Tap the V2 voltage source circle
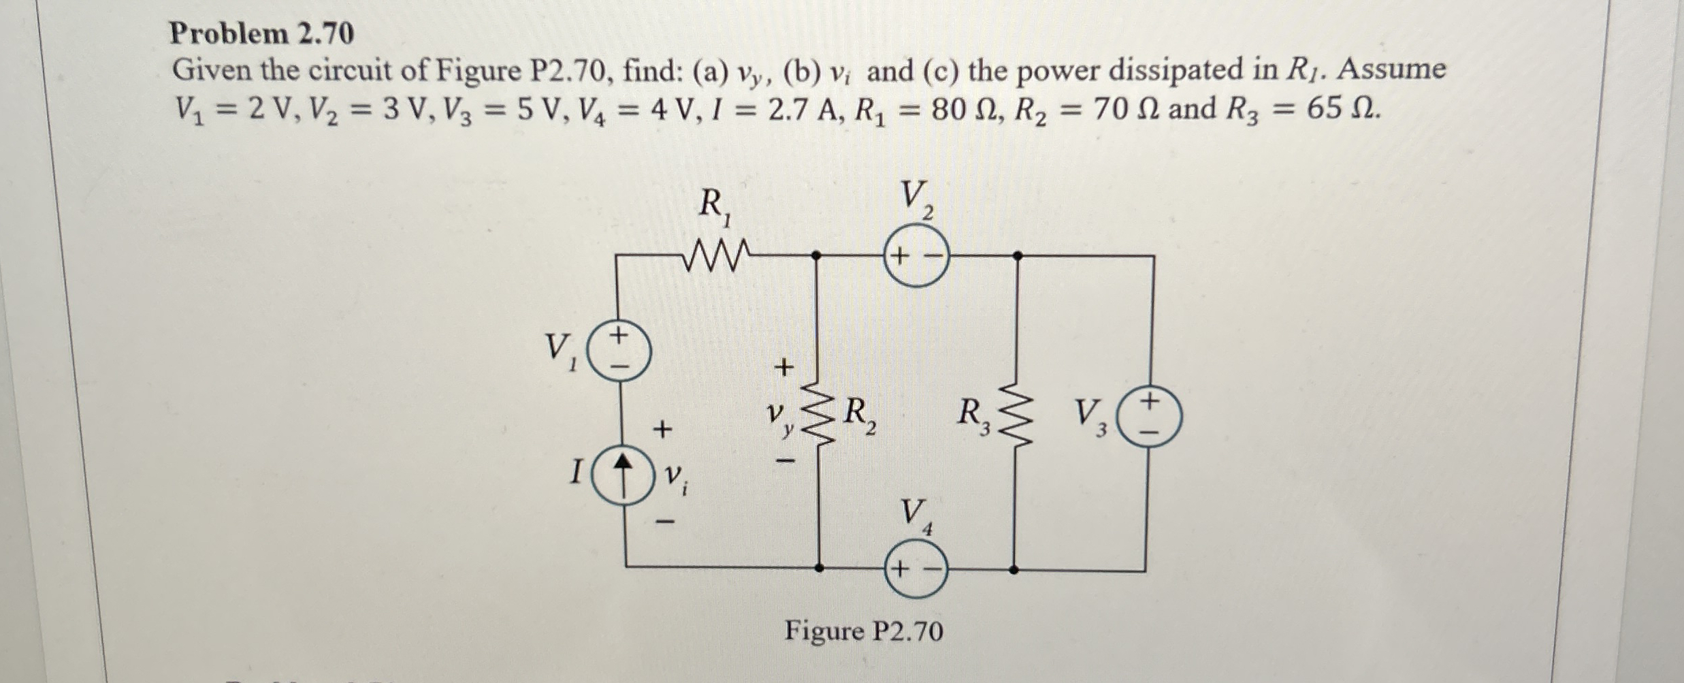tap(916, 257)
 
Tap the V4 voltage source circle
tap(916, 569)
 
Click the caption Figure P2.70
tap(863, 631)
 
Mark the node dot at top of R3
tap(1017, 255)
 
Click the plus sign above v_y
tap(785, 367)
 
